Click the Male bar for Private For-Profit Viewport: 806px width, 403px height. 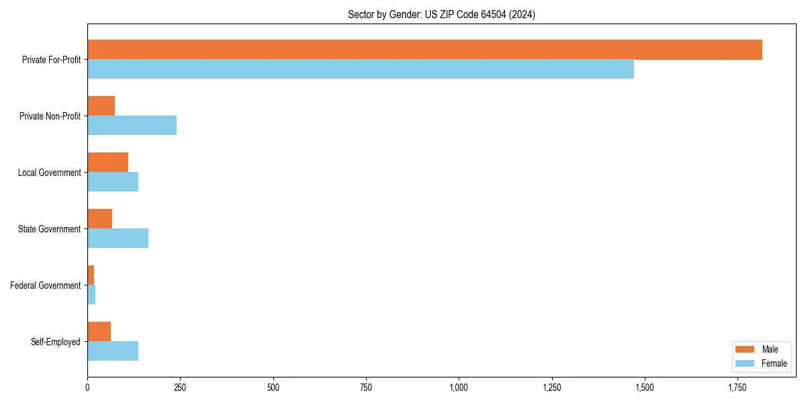click(424, 50)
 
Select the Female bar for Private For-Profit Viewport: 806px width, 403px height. click(361, 69)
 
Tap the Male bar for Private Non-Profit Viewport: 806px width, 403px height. click(101, 106)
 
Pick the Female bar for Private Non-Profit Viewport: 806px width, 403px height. click(132, 126)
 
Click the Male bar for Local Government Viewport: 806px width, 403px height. click(107, 163)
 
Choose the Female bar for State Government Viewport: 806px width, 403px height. click(118, 238)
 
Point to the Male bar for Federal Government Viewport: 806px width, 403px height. click(91, 275)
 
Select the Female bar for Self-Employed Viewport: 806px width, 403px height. click(113, 351)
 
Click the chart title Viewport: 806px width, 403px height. click(441, 14)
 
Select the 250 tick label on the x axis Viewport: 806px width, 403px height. click(180, 388)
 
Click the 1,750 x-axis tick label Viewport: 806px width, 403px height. click(737, 388)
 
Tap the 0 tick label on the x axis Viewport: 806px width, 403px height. click(87, 388)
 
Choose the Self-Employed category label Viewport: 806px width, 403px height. click(56, 342)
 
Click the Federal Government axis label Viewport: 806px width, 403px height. click(46, 285)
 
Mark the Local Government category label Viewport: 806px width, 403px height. click(50, 173)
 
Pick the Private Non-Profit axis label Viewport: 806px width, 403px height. click(50, 116)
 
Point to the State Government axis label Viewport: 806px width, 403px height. click(50, 229)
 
